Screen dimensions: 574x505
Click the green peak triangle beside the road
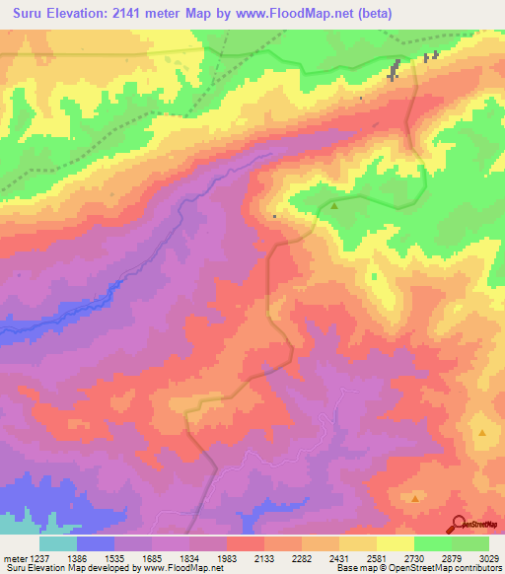coord(334,206)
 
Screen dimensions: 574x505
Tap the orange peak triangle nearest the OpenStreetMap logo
coord(415,498)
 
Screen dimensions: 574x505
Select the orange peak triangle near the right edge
coord(482,433)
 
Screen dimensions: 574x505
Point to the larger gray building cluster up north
coord(395,72)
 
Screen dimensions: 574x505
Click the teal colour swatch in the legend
coord(58,543)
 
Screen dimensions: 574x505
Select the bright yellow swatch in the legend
coord(395,543)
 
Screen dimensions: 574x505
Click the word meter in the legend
coord(13,559)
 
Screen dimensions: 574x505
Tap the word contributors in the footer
coord(480,569)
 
